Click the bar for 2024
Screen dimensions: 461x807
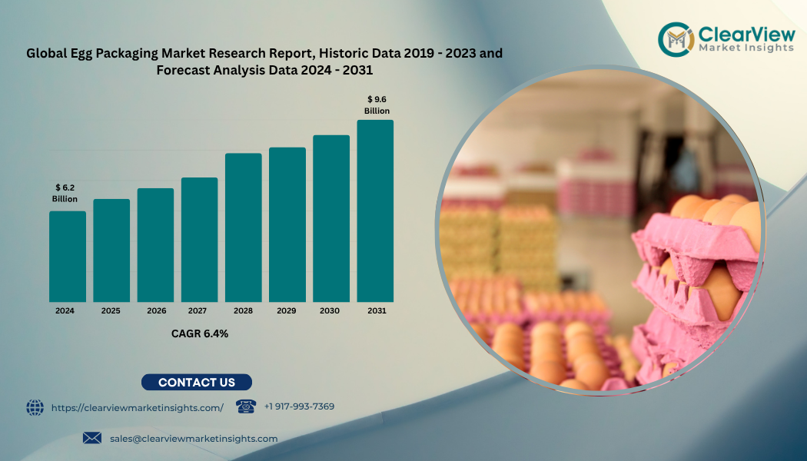pos(68,257)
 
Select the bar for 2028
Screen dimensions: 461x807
pos(243,227)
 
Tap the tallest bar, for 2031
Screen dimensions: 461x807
pos(375,211)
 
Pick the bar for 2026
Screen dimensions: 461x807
pos(155,245)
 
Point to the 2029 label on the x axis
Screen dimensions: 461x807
pos(287,311)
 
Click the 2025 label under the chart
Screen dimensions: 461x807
pos(111,311)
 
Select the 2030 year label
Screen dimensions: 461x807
pos(330,311)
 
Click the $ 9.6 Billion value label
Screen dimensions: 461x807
pos(377,105)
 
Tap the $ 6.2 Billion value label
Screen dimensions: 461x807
pos(65,193)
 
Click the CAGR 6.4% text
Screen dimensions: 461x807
pos(199,333)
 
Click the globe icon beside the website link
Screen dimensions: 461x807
pos(35,407)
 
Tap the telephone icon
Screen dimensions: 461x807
pos(245,406)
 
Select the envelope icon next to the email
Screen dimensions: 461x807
pos(92,438)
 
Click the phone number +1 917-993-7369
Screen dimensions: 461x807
pos(299,406)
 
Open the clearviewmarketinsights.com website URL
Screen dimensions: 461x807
pos(138,408)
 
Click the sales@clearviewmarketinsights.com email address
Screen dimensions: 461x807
pos(194,438)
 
